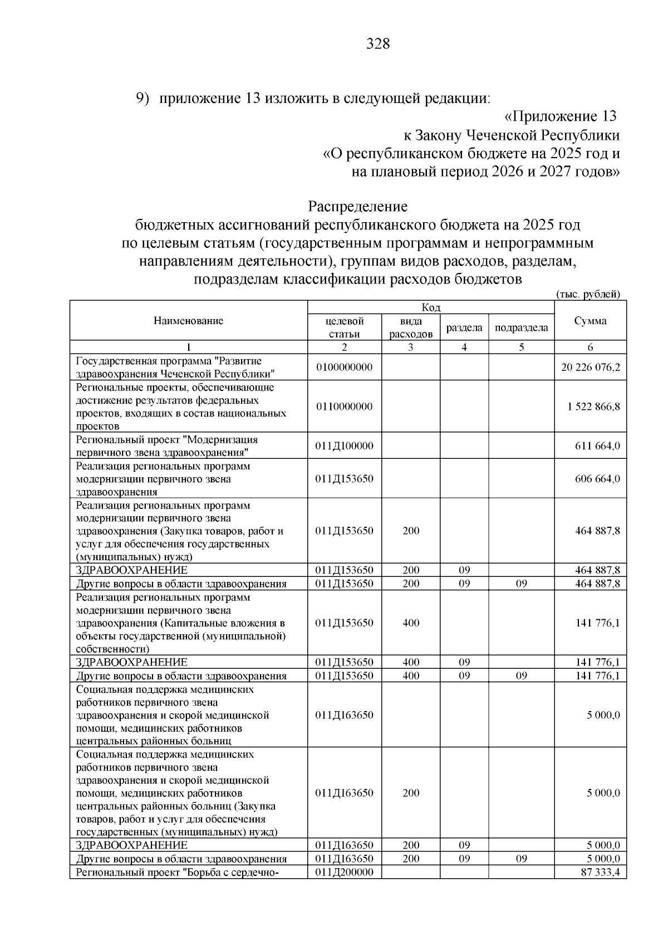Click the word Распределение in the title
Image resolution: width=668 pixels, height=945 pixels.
[358, 207]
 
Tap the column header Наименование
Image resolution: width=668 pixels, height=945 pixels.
[188, 321]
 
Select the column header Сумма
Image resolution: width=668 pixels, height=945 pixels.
[590, 321]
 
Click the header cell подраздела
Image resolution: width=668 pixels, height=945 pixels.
[521, 327]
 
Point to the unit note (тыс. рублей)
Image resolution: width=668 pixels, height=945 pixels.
[588, 294]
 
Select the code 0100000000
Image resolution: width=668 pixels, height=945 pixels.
[344, 368]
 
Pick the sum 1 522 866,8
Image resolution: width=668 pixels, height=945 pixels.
[593, 407]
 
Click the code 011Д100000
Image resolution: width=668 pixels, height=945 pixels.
[344, 446]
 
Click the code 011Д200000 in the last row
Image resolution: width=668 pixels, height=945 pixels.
[344, 872]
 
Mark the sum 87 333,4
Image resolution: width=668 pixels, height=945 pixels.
[600, 872]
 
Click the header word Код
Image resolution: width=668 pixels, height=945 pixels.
[431, 308]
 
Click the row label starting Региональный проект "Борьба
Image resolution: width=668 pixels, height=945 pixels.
[177, 872]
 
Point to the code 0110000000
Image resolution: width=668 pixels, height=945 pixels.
[344, 407]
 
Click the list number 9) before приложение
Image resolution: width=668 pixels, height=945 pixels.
[144, 99]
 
